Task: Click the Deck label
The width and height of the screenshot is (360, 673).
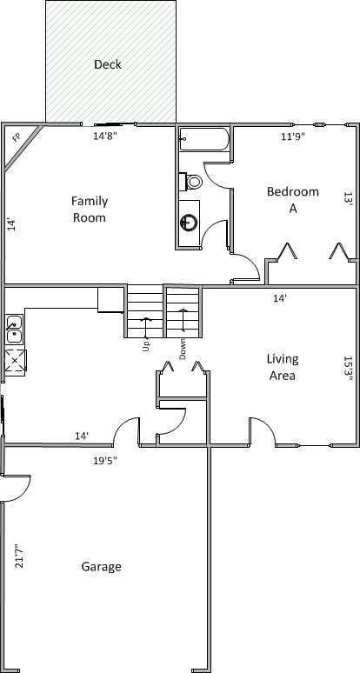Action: point(108,64)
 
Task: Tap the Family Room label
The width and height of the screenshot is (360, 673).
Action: point(89,209)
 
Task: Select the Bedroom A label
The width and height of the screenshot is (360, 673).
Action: point(292,199)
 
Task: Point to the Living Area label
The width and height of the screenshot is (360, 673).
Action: point(283,367)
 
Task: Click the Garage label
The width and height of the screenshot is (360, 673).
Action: point(101,567)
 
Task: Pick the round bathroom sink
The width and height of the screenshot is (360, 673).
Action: point(189,223)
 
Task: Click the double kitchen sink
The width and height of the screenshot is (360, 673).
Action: point(15,330)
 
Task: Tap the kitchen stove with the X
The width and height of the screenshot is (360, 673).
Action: point(15,360)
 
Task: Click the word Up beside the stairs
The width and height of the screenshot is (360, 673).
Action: point(146,346)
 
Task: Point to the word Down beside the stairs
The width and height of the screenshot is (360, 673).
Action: point(183,348)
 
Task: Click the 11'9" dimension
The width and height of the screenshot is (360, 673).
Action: point(294,136)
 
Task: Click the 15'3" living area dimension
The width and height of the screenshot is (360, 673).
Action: point(348,368)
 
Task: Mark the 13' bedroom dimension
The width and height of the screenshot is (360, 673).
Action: point(348,198)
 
